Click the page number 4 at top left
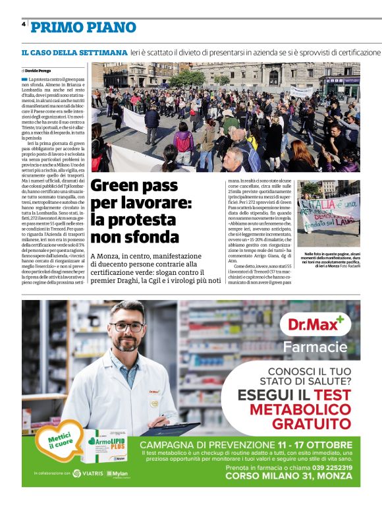tap(24, 24)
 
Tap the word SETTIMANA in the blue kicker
tap(99, 52)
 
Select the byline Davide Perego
tap(38, 70)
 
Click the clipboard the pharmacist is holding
tap(173, 428)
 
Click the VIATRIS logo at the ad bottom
tap(88, 473)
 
